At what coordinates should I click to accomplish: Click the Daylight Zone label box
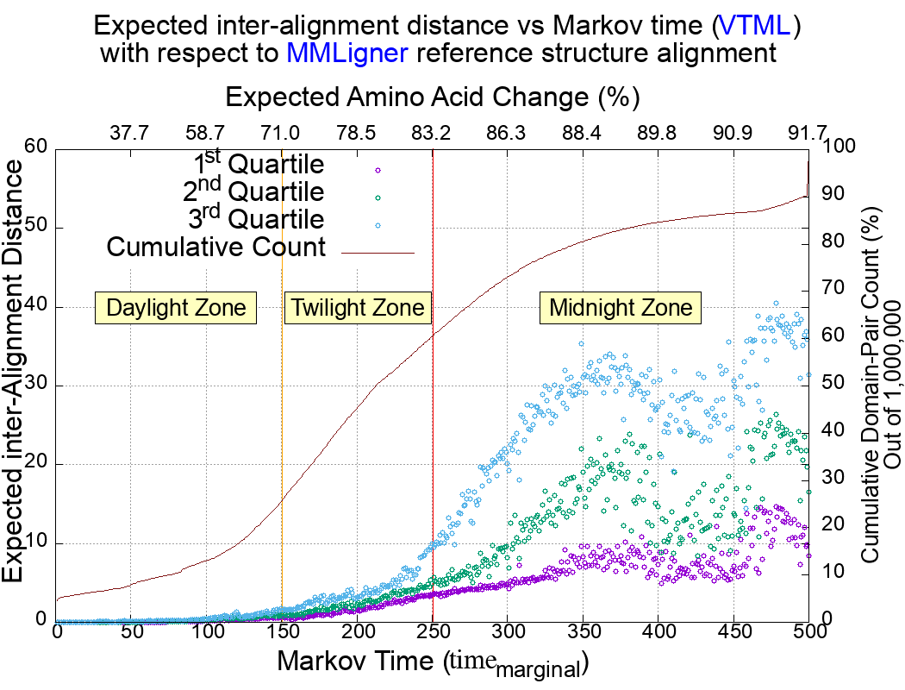point(177,308)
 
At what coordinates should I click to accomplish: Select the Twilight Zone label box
point(357,308)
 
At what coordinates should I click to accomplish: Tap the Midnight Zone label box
point(621,308)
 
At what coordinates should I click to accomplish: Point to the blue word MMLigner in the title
point(347,53)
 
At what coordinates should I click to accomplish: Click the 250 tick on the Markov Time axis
point(433,630)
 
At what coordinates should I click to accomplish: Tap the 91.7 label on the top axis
point(808,133)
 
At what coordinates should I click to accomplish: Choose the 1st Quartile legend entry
point(259,165)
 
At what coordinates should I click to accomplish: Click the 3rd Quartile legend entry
point(259,219)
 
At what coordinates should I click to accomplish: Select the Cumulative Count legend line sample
point(378,253)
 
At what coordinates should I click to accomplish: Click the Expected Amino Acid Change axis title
point(432,96)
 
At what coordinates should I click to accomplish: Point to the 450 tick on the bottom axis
point(733,630)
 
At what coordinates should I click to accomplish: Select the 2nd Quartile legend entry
point(259,191)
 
